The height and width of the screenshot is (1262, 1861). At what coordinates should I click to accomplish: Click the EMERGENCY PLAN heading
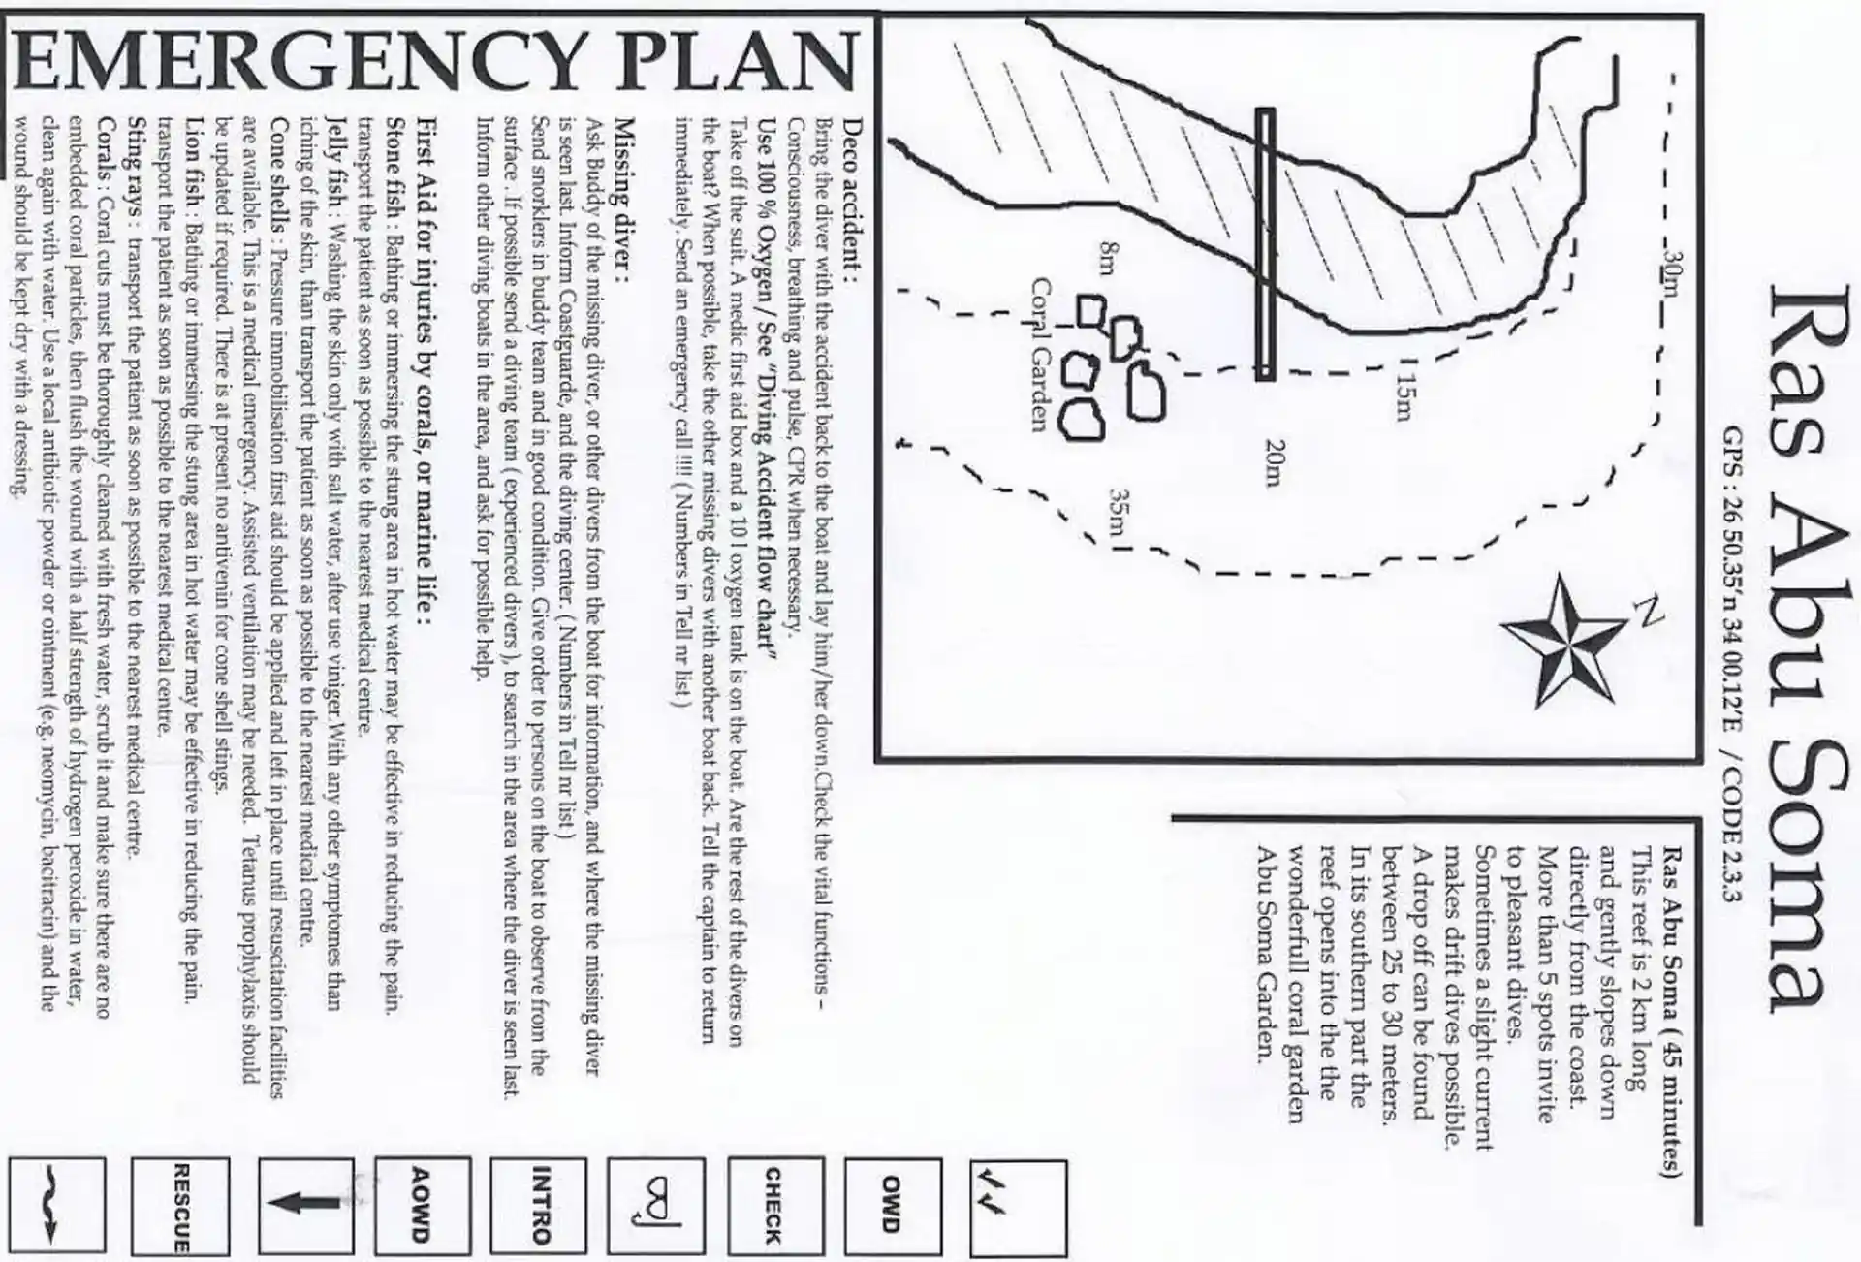coord(436,61)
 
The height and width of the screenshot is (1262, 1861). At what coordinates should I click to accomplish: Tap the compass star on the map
coord(1563,640)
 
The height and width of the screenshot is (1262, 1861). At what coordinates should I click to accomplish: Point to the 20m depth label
coord(1275,464)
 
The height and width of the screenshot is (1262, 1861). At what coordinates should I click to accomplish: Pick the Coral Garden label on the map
coord(1040,355)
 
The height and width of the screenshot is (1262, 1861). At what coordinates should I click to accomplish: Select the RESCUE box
coord(181,1207)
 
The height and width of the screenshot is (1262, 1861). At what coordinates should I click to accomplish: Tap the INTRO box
coord(539,1205)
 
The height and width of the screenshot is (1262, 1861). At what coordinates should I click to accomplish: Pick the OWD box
coord(892,1205)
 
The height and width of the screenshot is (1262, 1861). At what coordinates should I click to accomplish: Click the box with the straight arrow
coord(306,1205)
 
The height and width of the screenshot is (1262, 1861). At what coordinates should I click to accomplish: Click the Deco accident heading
coord(853,199)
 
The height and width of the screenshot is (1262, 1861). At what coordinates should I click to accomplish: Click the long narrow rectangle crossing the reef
coord(1265,244)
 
